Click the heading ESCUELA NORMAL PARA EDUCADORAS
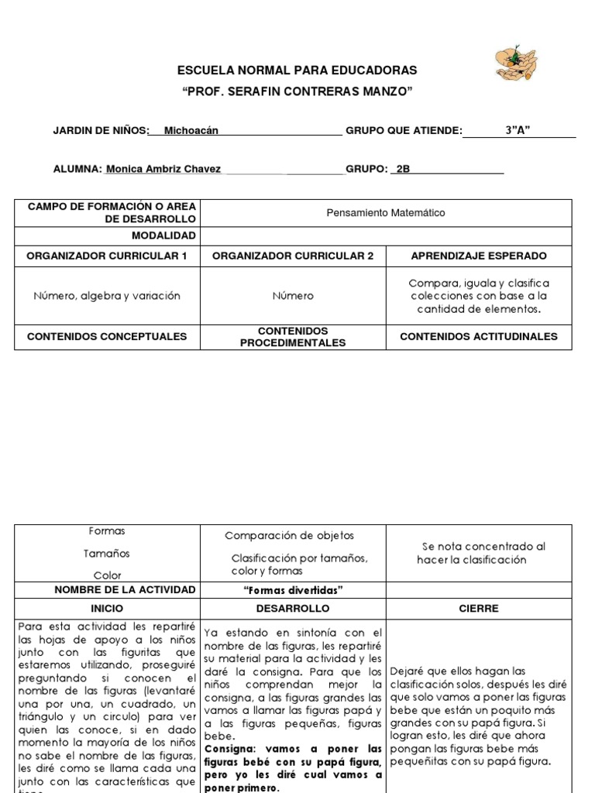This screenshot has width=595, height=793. pyautogui.click(x=297, y=71)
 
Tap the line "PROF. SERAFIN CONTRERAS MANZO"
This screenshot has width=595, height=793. pyautogui.click(x=297, y=92)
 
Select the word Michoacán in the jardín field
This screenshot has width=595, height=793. pyautogui.click(x=191, y=131)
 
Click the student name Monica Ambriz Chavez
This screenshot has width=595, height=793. pyautogui.click(x=163, y=169)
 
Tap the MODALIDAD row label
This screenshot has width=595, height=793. pyautogui.click(x=163, y=235)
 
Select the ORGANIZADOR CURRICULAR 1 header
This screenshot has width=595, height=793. pyautogui.click(x=107, y=256)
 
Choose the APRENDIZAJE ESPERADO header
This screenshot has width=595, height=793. pyautogui.click(x=478, y=256)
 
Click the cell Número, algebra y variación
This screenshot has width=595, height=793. pyautogui.click(x=107, y=296)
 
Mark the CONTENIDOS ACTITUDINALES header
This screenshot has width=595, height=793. pyautogui.click(x=478, y=337)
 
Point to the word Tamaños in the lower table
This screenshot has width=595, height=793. pyautogui.click(x=107, y=554)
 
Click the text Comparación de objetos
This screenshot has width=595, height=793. pyautogui.click(x=289, y=536)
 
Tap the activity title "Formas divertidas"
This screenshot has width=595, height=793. pyautogui.click(x=293, y=590)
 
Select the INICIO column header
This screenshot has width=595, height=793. pyautogui.click(x=107, y=609)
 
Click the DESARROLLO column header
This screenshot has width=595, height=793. pyautogui.click(x=293, y=609)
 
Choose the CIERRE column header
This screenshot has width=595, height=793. pyautogui.click(x=478, y=609)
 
